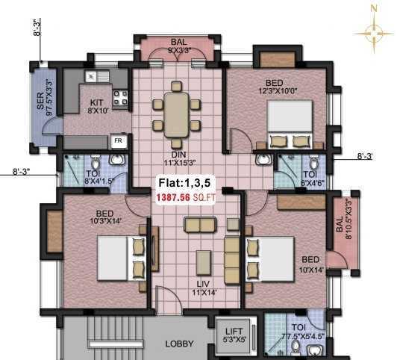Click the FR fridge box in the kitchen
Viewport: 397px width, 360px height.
pos(118,140)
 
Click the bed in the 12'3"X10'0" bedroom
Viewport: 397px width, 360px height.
pos(290,126)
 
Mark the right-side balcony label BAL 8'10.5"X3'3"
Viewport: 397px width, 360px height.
pos(344,230)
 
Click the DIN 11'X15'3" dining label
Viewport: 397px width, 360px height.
pos(178,149)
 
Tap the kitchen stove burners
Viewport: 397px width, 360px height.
pos(119,96)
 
